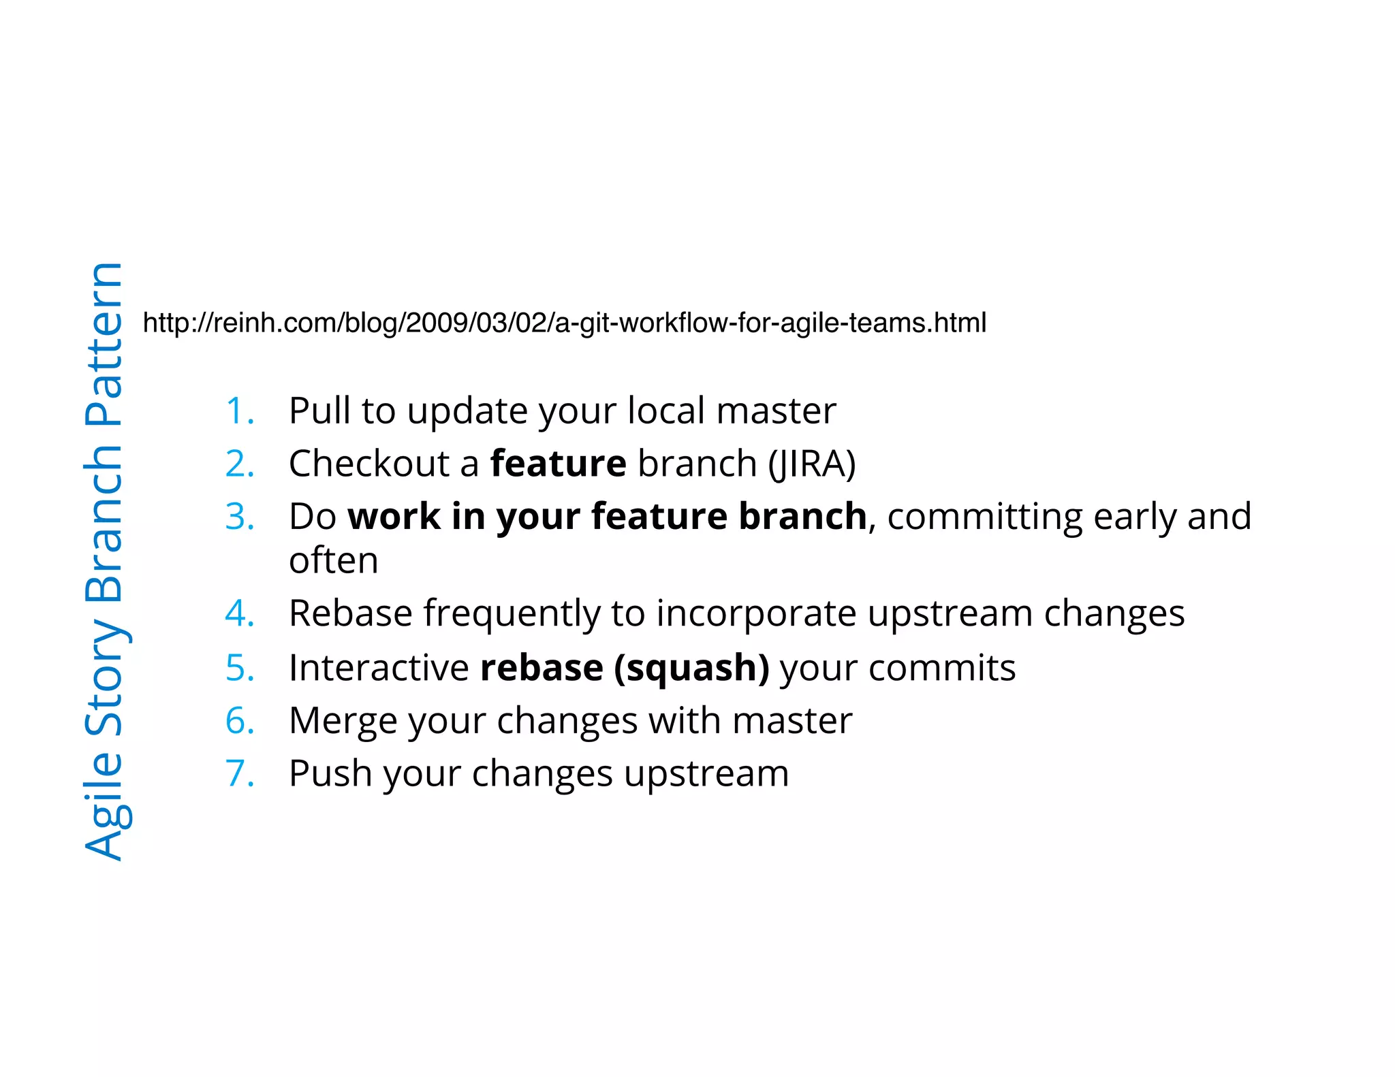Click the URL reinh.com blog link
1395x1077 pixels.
(x=564, y=323)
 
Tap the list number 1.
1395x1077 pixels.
(x=239, y=411)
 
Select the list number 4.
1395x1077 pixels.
(x=239, y=613)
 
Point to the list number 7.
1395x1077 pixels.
(x=239, y=774)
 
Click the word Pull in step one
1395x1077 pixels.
(x=319, y=411)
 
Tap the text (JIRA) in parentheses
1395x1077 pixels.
(x=812, y=465)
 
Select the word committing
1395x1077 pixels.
(x=985, y=517)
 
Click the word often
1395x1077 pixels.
(x=333, y=561)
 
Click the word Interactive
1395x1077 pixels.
(x=379, y=668)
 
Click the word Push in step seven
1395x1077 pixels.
(x=330, y=774)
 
